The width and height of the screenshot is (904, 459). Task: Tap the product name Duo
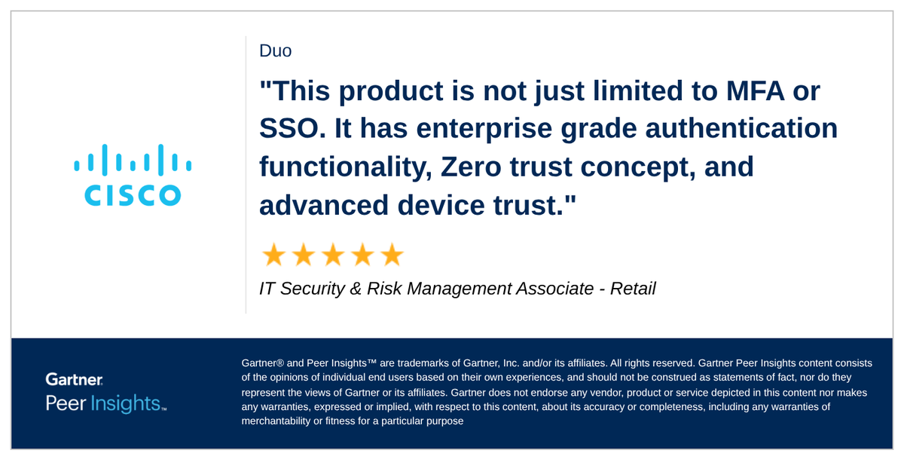coord(275,51)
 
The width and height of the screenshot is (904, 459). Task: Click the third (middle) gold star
coord(332,256)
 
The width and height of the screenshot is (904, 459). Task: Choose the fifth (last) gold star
coord(392,256)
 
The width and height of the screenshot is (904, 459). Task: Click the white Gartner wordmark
coord(74,379)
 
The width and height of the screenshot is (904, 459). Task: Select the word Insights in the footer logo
coord(125,403)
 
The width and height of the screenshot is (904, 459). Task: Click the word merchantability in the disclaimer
coord(276,421)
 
